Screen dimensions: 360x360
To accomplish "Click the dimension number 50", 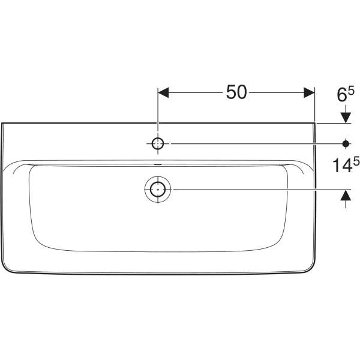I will (236, 92).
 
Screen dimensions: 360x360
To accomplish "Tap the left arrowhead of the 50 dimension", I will (164, 93).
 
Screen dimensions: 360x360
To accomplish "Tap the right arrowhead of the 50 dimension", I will (308, 93).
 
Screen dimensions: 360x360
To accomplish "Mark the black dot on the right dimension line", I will (346, 143).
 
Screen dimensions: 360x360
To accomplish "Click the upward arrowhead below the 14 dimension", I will (346, 195).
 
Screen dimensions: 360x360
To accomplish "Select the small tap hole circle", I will (158, 143).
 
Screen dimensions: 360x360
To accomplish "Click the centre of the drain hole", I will (158, 190).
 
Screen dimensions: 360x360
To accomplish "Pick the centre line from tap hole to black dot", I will (252, 143).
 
